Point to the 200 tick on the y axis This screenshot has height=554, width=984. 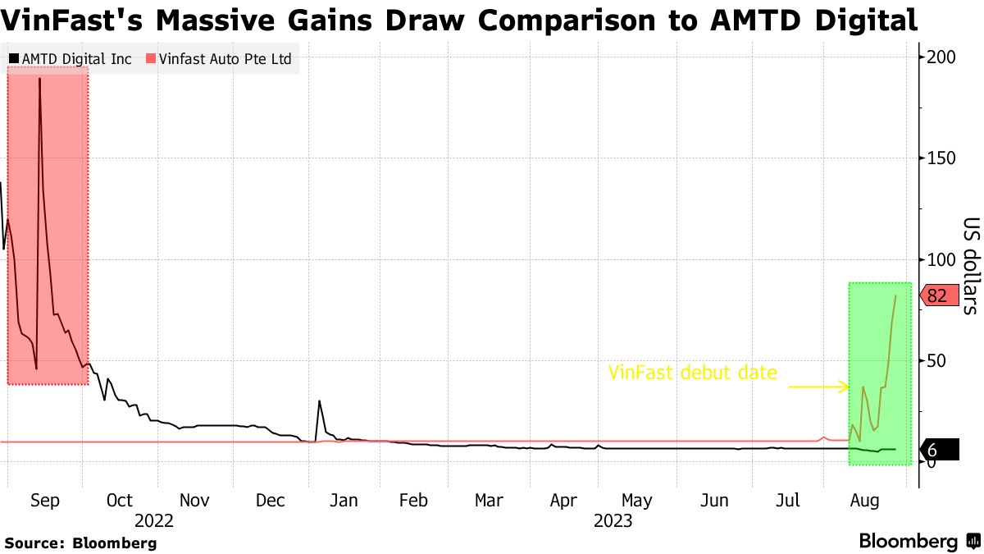(x=941, y=57)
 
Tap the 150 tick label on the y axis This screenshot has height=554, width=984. (x=941, y=158)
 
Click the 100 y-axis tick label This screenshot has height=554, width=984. (x=941, y=259)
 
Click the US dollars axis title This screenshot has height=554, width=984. (x=971, y=265)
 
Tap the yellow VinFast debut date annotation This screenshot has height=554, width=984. (x=692, y=373)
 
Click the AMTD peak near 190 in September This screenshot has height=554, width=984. (x=39, y=79)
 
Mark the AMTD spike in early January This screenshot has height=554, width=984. (x=319, y=401)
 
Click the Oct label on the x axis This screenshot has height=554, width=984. (x=120, y=501)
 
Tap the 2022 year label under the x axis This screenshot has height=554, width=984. (x=154, y=520)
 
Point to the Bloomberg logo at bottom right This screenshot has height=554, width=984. (x=918, y=542)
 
